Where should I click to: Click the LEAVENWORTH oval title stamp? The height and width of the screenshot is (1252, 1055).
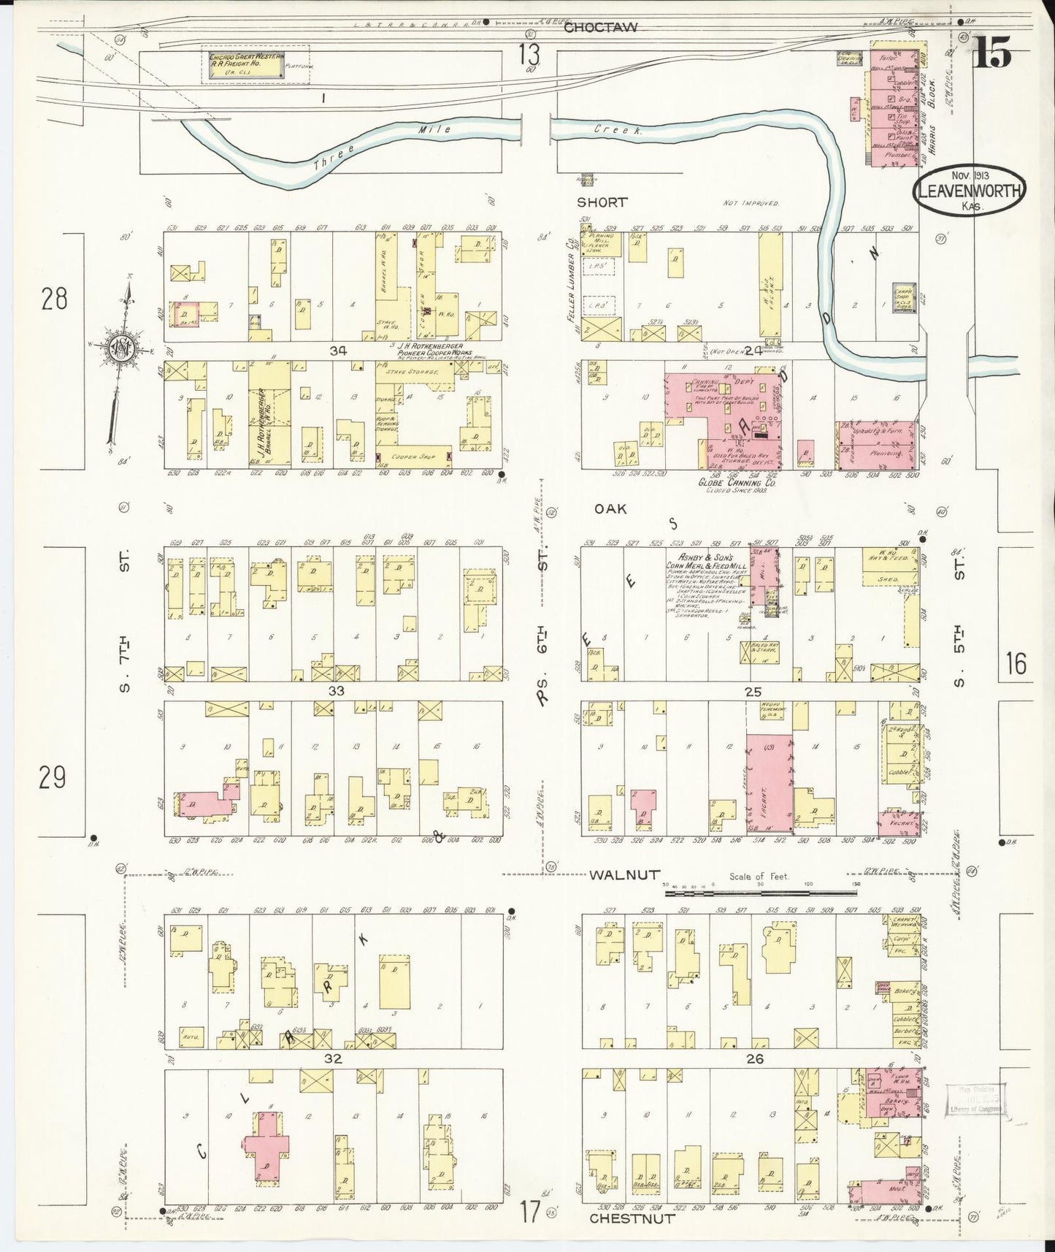pos(969,191)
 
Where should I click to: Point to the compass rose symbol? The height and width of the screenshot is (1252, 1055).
pos(119,349)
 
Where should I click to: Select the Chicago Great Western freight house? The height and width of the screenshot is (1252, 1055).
pos(245,64)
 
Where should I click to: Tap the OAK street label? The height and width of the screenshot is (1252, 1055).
pos(610,508)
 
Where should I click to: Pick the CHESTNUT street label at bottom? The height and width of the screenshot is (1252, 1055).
pos(632,1218)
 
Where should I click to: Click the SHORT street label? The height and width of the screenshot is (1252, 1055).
pos(602,202)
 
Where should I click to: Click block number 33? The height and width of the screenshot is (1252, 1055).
pos(336,690)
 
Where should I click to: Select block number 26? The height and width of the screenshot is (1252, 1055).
pos(755,1058)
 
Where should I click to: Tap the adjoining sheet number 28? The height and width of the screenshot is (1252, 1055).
pos(54,299)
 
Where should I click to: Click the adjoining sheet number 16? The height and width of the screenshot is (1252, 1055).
pos(1015,664)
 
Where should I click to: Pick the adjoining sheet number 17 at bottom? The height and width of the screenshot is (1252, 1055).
pos(530,1213)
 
